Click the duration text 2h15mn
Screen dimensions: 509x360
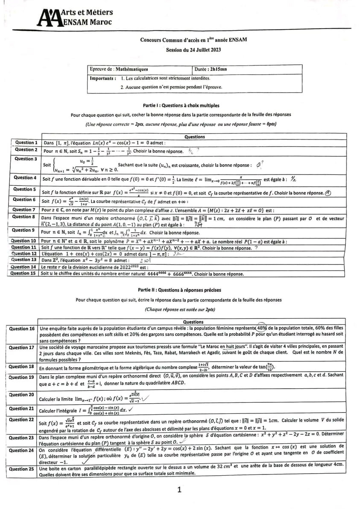[x=217, y=69]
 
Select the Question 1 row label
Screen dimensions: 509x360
[x=26, y=143]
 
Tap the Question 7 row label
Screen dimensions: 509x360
[x=24, y=209]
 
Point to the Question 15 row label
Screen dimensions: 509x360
[x=23, y=273]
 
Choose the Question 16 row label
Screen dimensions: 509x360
[x=22, y=329]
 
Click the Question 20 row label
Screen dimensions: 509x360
[x=22, y=395]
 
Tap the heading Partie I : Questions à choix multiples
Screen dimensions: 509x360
[x=181, y=105]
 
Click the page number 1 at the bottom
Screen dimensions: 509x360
[x=180, y=490]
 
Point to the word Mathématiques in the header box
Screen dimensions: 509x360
[x=133, y=69]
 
